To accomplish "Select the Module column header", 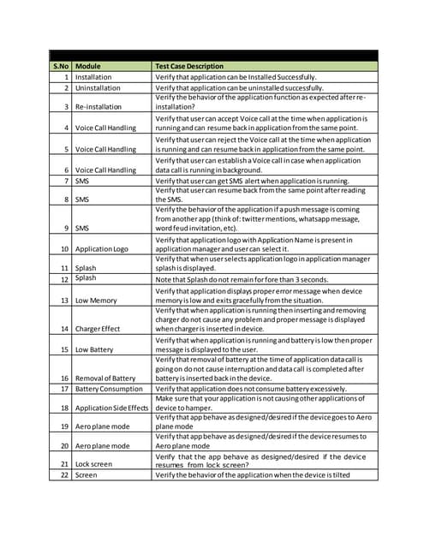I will (88, 65).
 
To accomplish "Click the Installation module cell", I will (93, 77).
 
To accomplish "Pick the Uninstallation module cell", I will (97, 87).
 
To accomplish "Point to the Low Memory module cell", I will (96, 301).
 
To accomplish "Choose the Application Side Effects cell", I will (111, 409).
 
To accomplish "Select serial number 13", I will (65, 301).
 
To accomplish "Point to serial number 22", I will (65, 474).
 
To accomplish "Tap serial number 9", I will (67, 229).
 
